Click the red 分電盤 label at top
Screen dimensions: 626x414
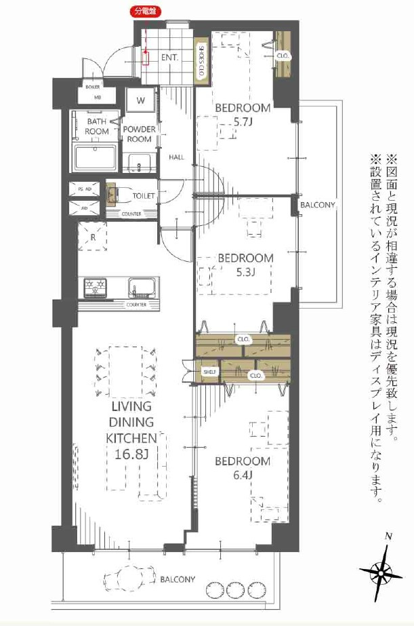coord(144,12)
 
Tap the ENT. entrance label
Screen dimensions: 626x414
coord(169,58)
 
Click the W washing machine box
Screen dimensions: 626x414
coord(142,100)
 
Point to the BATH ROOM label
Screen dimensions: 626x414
coord(97,127)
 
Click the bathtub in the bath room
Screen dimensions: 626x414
coord(96,159)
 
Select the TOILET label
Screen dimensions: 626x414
coord(143,196)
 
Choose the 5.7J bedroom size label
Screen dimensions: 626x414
coord(243,122)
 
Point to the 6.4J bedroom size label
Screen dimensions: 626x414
coord(243,475)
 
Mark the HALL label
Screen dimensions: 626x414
coord(177,157)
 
